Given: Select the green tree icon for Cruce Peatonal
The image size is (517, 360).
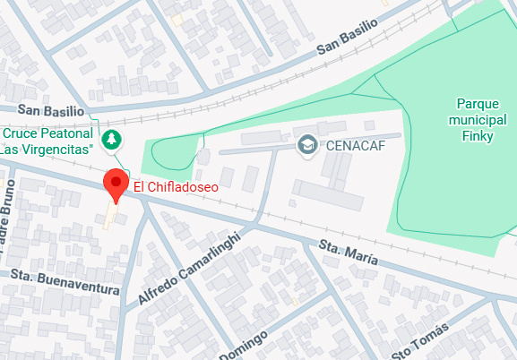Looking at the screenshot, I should point(111,139).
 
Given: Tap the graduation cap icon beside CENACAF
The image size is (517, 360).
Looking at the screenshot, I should point(306,144).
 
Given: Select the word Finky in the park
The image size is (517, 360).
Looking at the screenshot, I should point(478,136).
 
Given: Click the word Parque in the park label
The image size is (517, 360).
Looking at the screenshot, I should point(478,103).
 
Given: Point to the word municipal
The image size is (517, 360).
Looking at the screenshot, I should point(478,119).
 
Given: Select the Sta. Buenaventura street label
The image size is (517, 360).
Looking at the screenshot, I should point(65,283).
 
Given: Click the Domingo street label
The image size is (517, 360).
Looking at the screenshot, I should point(242,346).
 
